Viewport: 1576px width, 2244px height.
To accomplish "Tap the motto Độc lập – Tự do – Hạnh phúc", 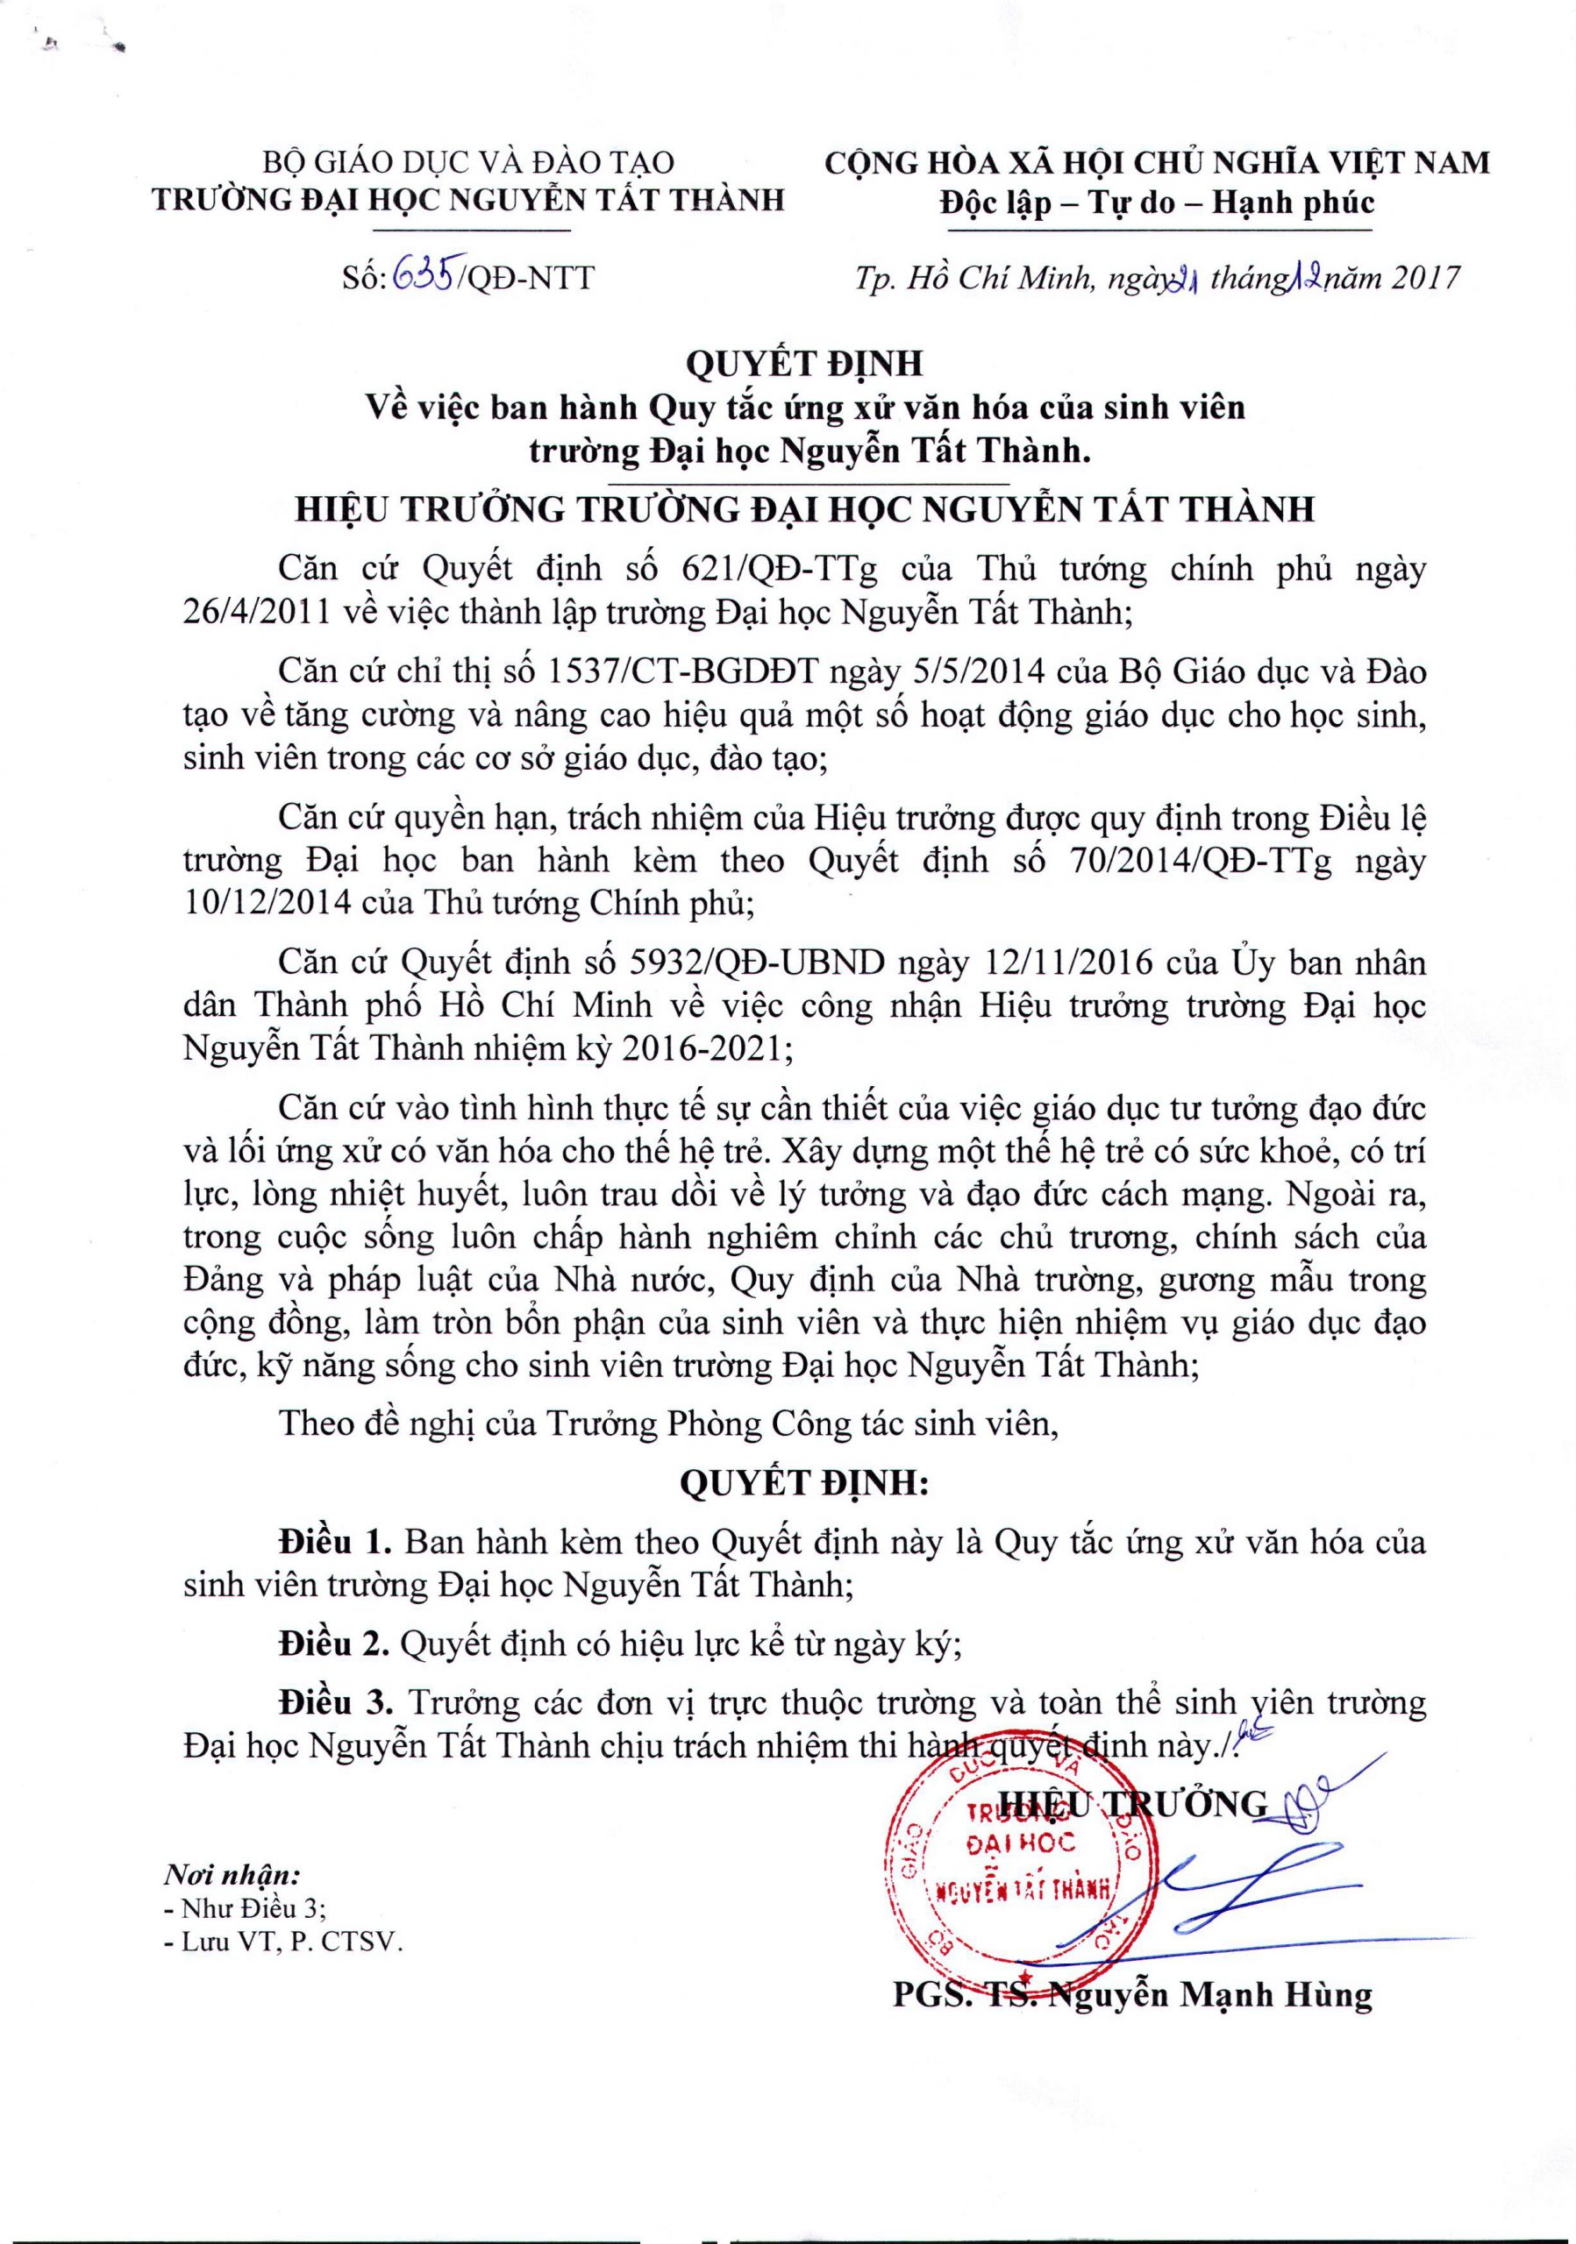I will [x=1157, y=202].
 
